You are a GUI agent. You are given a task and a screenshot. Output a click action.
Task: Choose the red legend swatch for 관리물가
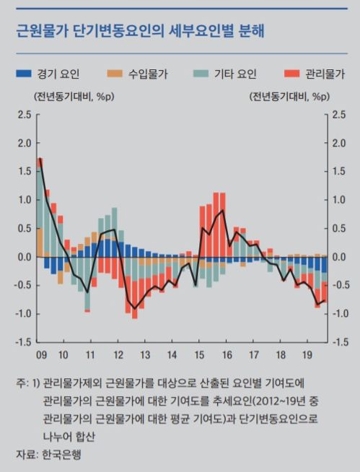(291, 74)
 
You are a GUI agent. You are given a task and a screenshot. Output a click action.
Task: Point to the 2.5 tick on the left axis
(25, 115)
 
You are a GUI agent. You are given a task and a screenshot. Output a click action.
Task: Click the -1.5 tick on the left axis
(23, 342)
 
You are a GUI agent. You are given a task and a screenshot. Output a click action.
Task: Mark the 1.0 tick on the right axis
(339, 200)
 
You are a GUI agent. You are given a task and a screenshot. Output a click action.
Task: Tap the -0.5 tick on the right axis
(341, 285)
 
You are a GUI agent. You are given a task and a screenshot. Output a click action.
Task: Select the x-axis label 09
(43, 355)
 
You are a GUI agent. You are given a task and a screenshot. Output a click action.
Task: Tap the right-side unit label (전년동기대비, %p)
(289, 96)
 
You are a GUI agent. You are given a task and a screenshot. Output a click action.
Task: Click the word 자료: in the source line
(28, 455)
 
